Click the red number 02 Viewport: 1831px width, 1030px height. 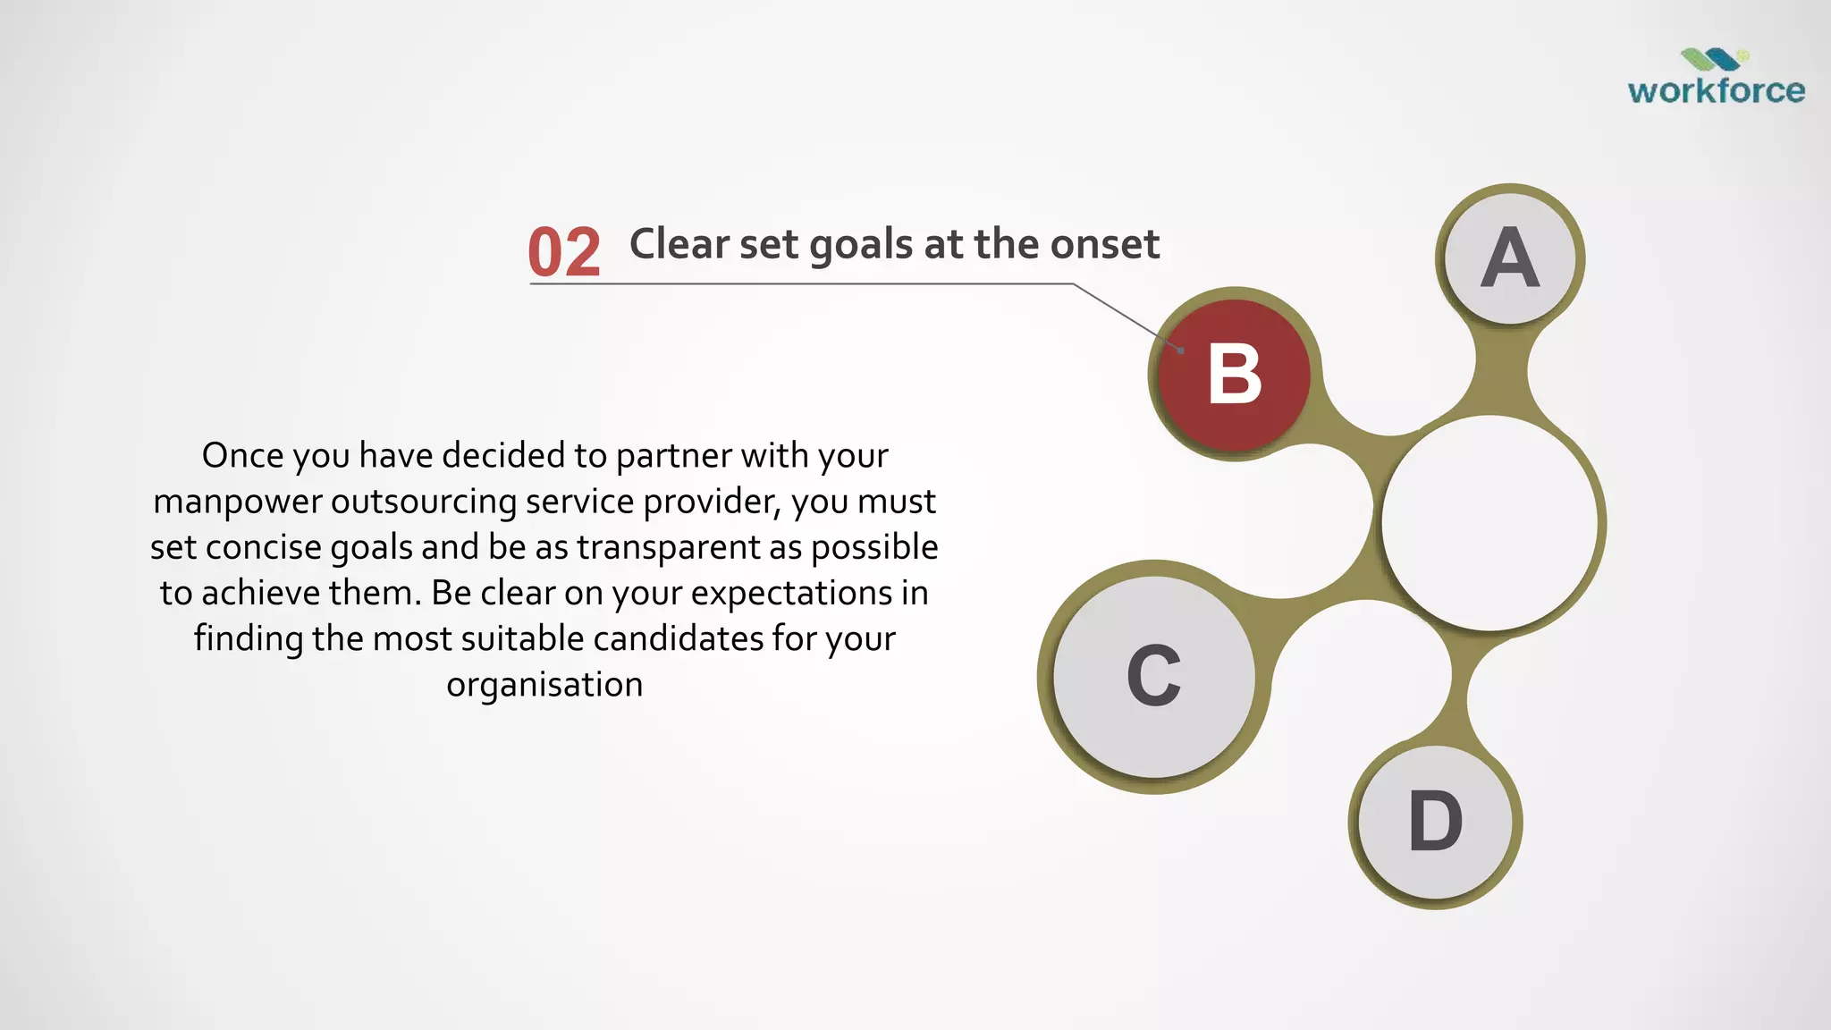click(563, 252)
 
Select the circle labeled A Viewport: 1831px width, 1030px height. click(1510, 258)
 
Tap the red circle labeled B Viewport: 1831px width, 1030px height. click(1234, 375)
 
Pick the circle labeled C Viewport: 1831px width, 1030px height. click(1153, 677)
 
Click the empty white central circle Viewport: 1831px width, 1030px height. click(1489, 524)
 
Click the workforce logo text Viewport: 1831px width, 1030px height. click(1716, 90)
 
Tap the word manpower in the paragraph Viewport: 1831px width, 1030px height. click(237, 502)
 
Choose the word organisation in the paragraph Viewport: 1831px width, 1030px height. click(544, 685)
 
